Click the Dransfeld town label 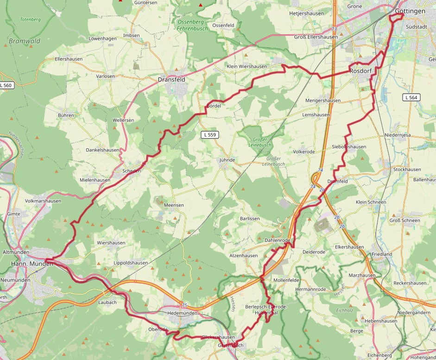click(171, 79)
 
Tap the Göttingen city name click(410, 11)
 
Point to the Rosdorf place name click(361, 71)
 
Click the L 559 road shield click(210, 134)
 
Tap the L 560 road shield click(6, 85)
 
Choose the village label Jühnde click(227, 160)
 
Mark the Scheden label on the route click(131, 171)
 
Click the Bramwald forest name click(25, 41)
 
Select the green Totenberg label click(31, 20)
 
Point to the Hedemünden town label click(182, 313)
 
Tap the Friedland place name click(381, 254)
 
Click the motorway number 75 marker click(184, 305)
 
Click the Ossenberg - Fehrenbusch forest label click(192, 25)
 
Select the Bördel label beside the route click(213, 106)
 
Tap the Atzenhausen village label click(243, 255)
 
